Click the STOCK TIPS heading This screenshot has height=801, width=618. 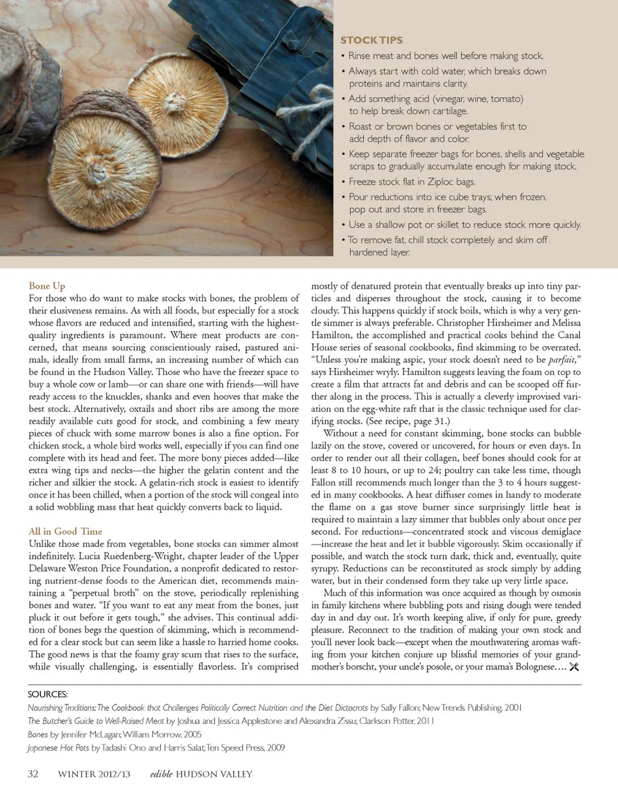click(371, 40)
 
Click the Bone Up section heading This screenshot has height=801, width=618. click(47, 286)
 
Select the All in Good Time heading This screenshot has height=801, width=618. click(65, 531)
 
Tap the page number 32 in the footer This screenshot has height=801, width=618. click(33, 774)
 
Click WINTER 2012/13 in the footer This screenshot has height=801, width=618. click(94, 774)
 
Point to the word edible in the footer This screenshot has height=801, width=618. click(162, 774)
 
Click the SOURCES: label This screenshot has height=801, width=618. click(48, 694)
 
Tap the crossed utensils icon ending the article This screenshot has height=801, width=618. click(574, 667)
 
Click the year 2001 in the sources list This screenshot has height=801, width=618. click(513, 708)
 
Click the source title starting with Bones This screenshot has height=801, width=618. click(38, 734)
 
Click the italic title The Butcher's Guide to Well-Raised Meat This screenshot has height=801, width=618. click(96, 721)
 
